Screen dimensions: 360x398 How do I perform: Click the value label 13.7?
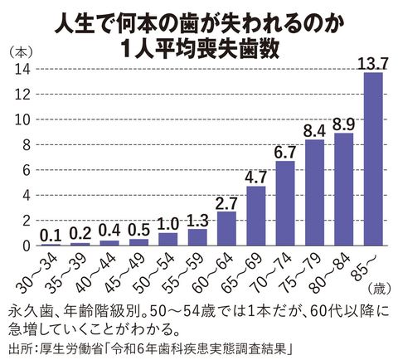374,60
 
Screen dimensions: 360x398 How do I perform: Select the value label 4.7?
255,175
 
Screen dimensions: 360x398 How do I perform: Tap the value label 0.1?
48,233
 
